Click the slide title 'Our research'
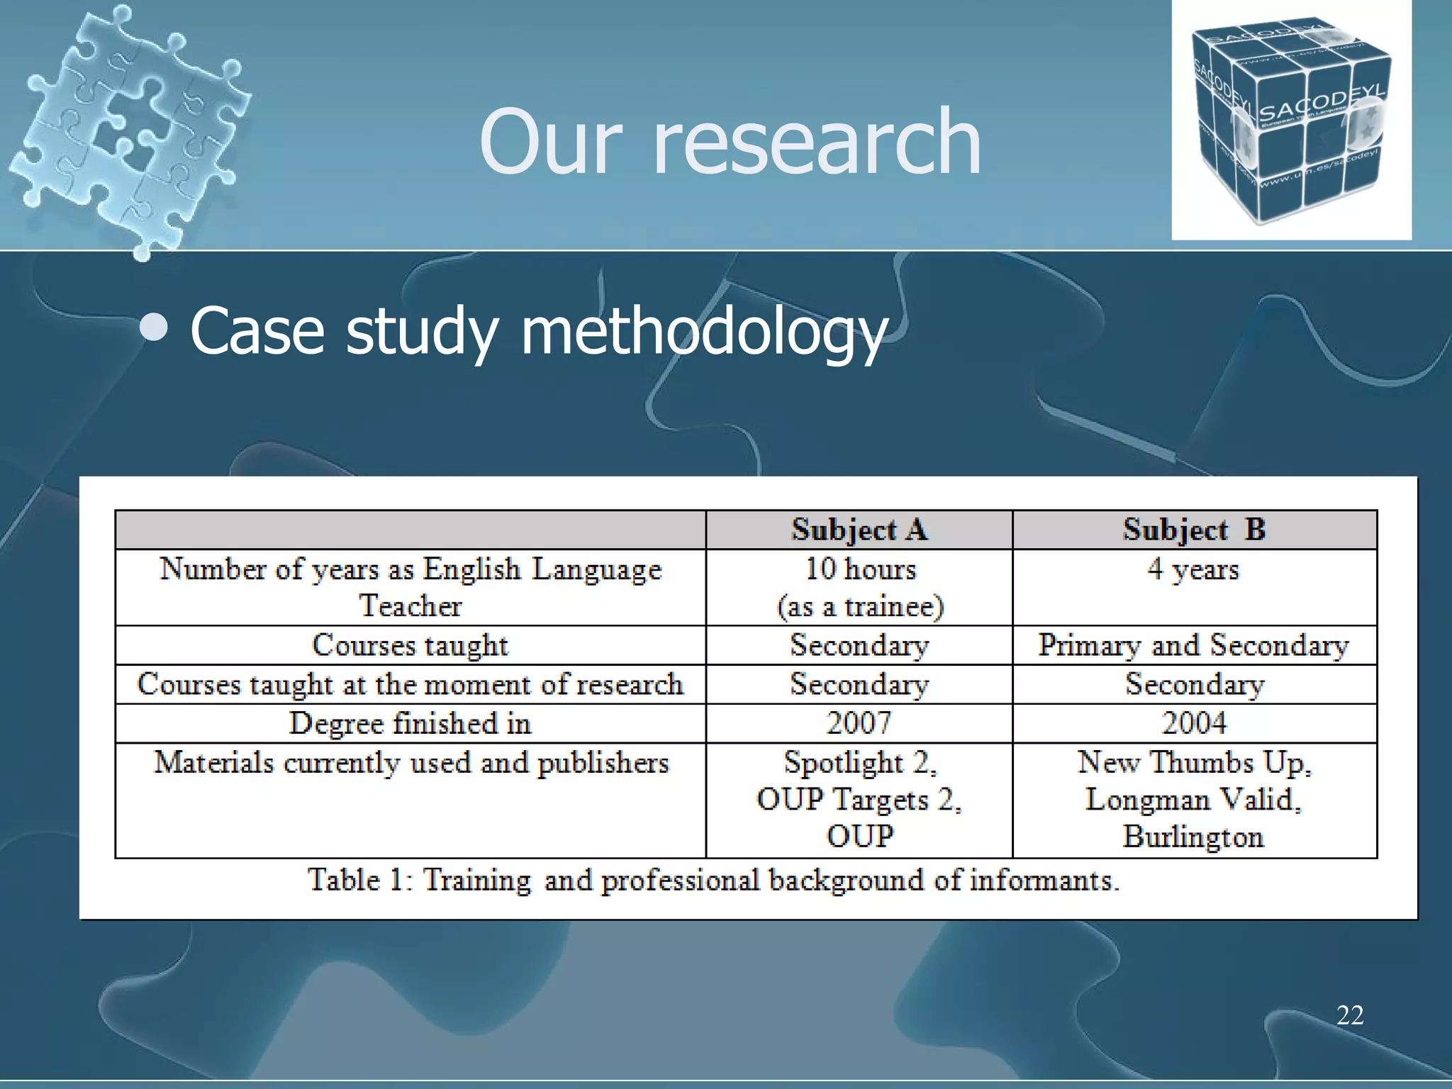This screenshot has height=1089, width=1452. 730,142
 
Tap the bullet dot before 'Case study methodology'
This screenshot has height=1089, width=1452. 154,328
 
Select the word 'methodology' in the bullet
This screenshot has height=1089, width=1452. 704,332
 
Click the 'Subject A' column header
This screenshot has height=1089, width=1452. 859,530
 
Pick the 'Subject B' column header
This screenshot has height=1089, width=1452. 1194,530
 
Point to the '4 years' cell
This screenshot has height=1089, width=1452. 1193,569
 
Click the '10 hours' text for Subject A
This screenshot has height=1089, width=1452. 860,569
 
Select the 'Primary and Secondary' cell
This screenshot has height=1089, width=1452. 1193,645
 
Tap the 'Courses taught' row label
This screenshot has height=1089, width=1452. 410,645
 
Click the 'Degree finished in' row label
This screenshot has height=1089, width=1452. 410,723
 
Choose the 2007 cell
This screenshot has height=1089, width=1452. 859,723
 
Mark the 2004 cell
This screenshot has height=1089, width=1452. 1194,723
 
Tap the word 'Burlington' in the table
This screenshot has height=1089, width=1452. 1193,837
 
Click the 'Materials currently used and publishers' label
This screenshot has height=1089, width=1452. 411,763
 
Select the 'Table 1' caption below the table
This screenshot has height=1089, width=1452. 713,881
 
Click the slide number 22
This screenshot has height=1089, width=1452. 1350,1015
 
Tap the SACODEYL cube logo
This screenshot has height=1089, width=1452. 1290,121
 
